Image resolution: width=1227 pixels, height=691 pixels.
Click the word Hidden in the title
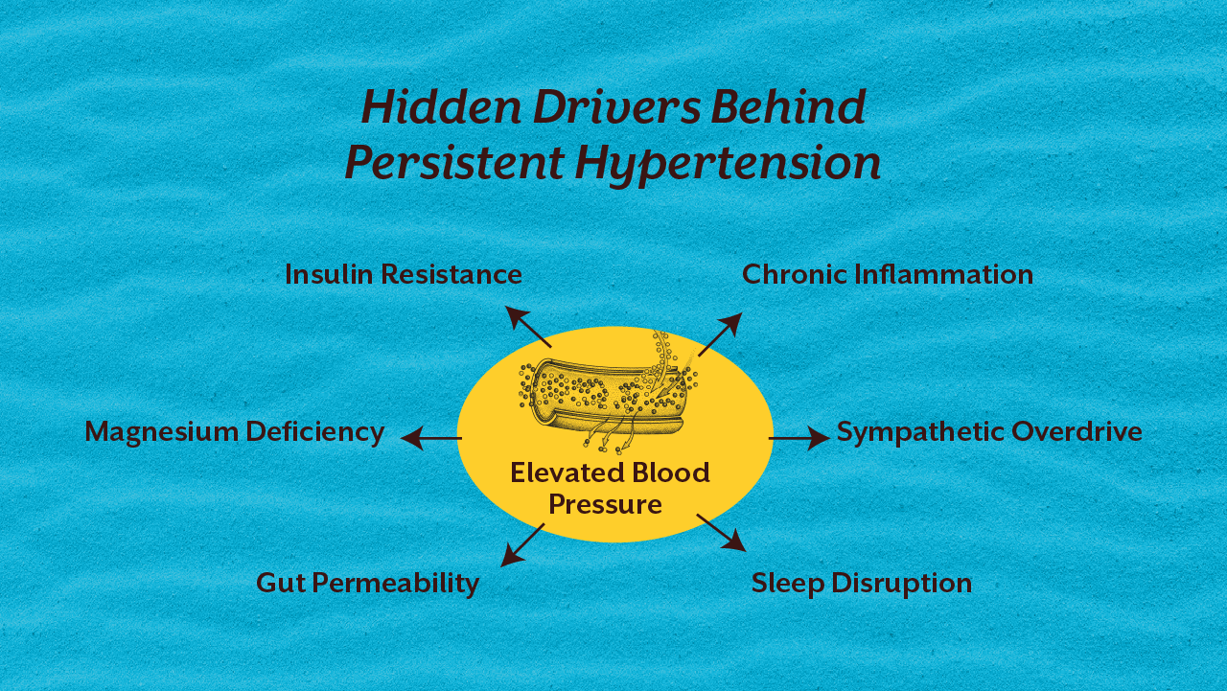(x=441, y=107)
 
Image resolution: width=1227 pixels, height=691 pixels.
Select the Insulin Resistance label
(x=404, y=275)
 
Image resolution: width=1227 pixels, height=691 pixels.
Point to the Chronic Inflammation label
(x=888, y=275)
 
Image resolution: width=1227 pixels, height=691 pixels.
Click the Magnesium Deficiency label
(x=235, y=431)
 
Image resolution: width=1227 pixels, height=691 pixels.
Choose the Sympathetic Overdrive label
(x=989, y=431)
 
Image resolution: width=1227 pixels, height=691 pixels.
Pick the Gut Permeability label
(x=367, y=583)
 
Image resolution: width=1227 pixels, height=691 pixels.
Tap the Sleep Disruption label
(x=861, y=583)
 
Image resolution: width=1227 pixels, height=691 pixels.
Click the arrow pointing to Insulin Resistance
(x=528, y=327)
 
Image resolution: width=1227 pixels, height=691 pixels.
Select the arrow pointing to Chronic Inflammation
(x=720, y=334)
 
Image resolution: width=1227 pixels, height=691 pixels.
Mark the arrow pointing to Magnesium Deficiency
(x=430, y=439)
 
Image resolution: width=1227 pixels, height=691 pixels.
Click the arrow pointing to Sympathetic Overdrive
(x=799, y=439)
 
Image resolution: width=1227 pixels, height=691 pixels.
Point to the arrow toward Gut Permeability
(x=522, y=544)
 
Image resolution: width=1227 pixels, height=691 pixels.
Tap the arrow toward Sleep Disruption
(x=721, y=533)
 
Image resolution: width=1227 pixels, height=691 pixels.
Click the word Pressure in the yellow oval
(x=605, y=504)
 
